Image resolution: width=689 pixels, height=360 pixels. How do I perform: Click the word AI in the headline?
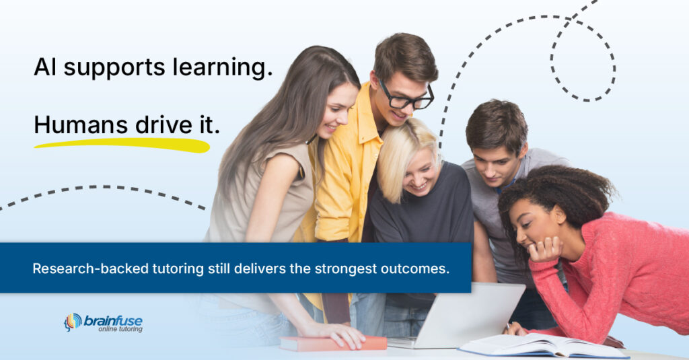click(x=44, y=67)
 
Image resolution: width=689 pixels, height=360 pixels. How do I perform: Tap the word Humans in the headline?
click(x=81, y=125)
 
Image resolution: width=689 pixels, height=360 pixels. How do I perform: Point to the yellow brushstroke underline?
click(x=121, y=144)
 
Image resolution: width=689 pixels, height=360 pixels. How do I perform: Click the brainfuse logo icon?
click(x=73, y=322)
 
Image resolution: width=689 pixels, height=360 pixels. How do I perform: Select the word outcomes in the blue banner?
click(x=415, y=268)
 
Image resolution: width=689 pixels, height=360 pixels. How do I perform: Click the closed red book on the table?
click(x=333, y=344)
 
